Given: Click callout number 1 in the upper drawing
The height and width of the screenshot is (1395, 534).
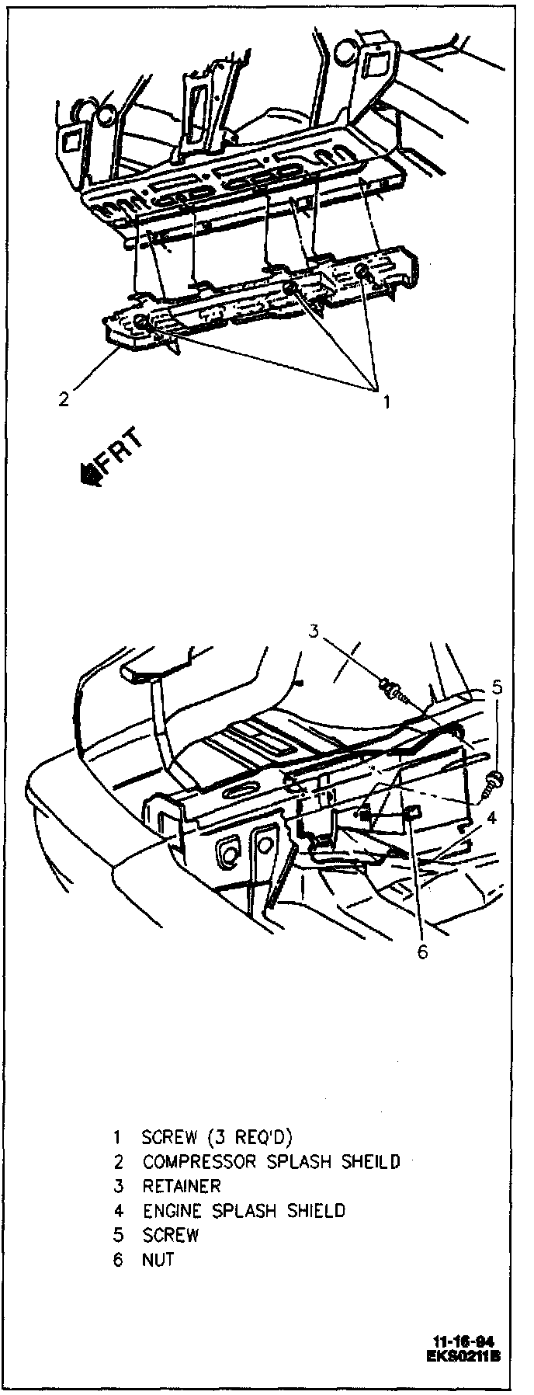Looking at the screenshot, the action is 384,402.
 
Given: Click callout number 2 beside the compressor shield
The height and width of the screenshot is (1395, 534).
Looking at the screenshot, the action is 64,399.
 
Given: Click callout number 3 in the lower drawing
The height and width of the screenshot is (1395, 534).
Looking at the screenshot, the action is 314,631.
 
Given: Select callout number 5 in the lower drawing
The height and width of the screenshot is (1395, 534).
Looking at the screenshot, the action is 498,686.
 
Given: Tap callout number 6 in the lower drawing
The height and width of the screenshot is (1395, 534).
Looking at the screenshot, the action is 422,951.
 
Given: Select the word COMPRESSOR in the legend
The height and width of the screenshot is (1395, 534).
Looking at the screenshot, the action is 199,1162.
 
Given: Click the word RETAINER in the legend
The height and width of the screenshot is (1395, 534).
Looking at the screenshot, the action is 182,1186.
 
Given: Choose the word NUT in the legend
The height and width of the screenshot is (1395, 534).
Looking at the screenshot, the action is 158,1259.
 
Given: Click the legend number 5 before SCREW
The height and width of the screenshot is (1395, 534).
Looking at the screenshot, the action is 118,1235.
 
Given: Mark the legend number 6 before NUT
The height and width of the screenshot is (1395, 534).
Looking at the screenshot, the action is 118,1259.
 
